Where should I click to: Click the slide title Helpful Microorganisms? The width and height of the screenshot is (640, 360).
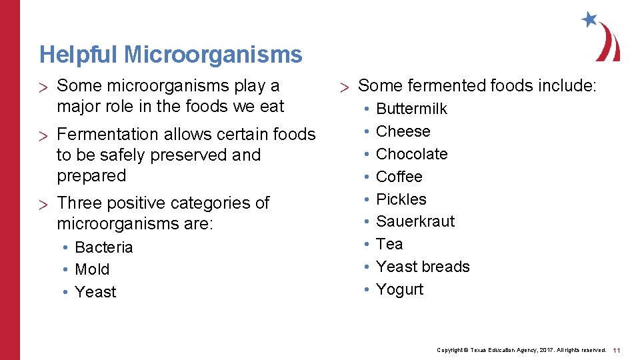tap(171, 55)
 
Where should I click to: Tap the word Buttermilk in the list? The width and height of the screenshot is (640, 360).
tap(411, 109)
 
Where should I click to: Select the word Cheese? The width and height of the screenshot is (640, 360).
tap(403, 131)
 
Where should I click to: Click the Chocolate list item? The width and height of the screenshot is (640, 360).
tap(411, 154)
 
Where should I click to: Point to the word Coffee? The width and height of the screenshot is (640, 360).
tap(399, 177)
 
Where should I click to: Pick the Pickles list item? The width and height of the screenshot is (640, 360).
tap(401, 199)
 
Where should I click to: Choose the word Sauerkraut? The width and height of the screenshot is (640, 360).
tap(415, 221)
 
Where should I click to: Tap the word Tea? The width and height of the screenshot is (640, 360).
tap(389, 244)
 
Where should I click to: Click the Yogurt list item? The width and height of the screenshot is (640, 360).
tap(399, 289)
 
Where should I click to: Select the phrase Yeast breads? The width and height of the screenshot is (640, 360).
tap(423, 267)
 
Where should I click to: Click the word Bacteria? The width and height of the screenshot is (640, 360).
tap(103, 247)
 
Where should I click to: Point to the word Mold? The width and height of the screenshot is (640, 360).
tap(92, 270)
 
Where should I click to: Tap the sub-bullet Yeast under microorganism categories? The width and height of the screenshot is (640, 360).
tap(95, 292)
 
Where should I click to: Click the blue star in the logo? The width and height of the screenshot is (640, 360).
tap(589, 19)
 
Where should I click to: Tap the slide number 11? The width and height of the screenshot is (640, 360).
tap(617, 350)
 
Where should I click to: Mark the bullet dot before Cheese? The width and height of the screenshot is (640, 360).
tap(365, 132)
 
